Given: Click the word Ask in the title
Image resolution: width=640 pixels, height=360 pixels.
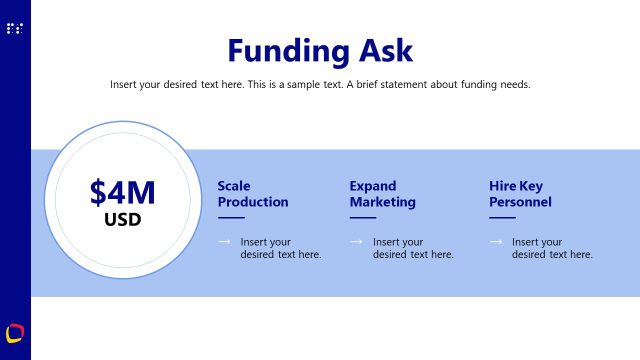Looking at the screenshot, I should coord(382,50).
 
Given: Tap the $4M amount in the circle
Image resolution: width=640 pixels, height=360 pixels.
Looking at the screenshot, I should coord(123,192).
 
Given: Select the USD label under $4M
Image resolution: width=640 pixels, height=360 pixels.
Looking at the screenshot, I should coord(123,219).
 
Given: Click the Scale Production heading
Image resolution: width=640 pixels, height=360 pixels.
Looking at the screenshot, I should coord(252,194).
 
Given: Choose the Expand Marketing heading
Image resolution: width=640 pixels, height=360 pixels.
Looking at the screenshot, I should coord(382,194).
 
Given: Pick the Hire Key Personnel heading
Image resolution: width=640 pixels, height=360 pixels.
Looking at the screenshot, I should coord(520,194).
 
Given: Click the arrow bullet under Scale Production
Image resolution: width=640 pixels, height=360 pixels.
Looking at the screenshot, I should coord(224,242).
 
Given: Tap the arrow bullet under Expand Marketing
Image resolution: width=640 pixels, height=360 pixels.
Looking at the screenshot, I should coord(356,242).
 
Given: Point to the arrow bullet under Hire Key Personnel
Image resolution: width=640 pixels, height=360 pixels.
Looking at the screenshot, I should coord(495,242).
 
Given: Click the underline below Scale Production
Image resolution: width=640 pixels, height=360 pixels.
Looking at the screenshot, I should coord(230,217).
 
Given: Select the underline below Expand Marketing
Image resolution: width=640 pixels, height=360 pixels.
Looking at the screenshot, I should coord(362,217).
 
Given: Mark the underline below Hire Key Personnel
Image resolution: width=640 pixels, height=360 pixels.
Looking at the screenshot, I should coord(502,217).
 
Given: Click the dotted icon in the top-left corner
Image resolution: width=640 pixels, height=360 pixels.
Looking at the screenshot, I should coord(14,29).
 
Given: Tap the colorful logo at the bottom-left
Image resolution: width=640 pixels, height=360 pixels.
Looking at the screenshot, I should coord(15,332).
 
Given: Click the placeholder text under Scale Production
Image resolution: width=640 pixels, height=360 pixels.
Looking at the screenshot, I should coord(280,248).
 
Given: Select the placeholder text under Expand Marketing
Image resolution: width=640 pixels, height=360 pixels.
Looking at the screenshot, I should coord(413,248).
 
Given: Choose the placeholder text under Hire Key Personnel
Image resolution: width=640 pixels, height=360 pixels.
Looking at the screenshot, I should coord(552,248).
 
